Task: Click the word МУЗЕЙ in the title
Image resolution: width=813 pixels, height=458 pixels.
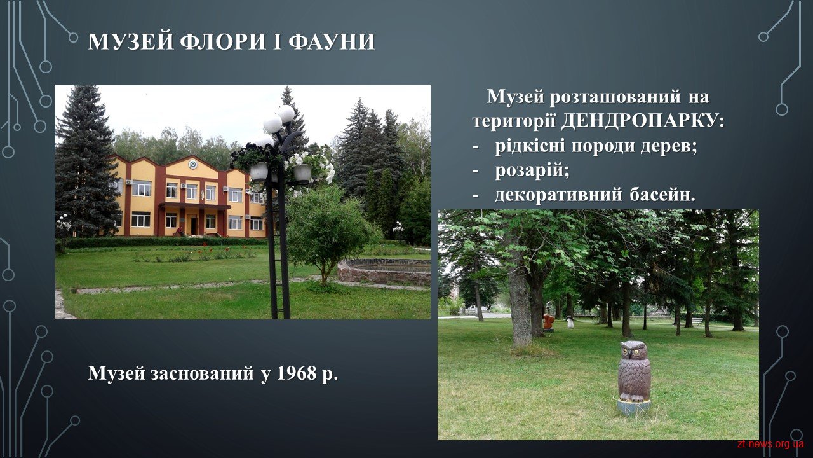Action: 130,41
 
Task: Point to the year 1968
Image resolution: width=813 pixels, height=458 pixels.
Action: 296,373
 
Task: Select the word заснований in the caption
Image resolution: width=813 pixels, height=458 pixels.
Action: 202,373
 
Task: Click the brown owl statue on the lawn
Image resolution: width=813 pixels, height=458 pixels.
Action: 634,371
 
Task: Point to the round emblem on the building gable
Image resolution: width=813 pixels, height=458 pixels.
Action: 192,164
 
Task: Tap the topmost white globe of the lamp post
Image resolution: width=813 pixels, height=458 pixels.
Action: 286,114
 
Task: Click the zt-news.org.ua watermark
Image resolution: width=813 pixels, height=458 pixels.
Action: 771,444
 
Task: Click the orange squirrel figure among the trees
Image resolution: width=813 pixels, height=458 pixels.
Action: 548,323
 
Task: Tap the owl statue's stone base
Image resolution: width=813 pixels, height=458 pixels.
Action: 634,406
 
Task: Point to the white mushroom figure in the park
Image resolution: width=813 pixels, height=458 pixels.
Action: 570,322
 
